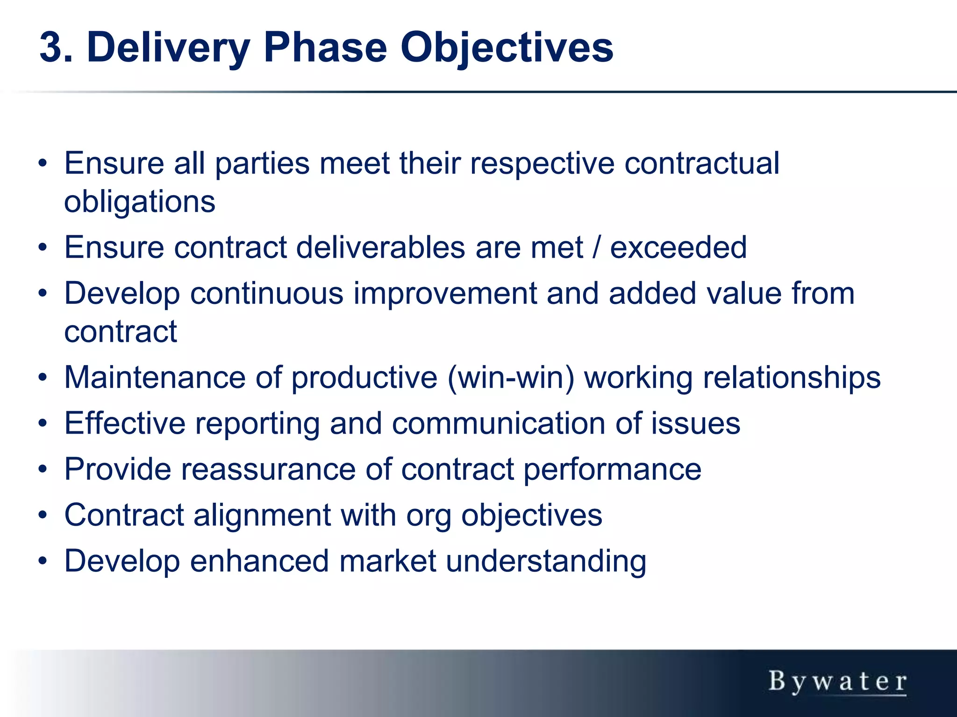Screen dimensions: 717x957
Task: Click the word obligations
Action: pyautogui.click(x=140, y=202)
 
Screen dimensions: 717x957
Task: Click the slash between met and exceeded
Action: pyautogui.click(x=596, y=247)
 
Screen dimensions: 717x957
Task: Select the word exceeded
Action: pyautogui.click(x=678, y=247)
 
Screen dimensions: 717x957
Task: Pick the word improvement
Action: pyautogui.click(x=444, y=294)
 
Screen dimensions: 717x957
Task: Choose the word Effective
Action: pyautogui.click(x=125, y=423)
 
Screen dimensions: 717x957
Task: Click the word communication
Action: pyautogui.click(x=499, y=423)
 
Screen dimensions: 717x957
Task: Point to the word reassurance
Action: pyautogui.click(x=268, y=469)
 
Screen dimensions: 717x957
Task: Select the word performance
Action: pyautogui.click(x=612, y=469)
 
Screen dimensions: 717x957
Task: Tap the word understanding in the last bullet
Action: pyautogui.click(x=546, y=561)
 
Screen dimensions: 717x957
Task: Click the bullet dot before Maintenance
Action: pyautogui.click(x=43, y=377)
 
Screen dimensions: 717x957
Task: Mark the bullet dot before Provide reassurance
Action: pyautogui.click(x=43, y=469)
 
